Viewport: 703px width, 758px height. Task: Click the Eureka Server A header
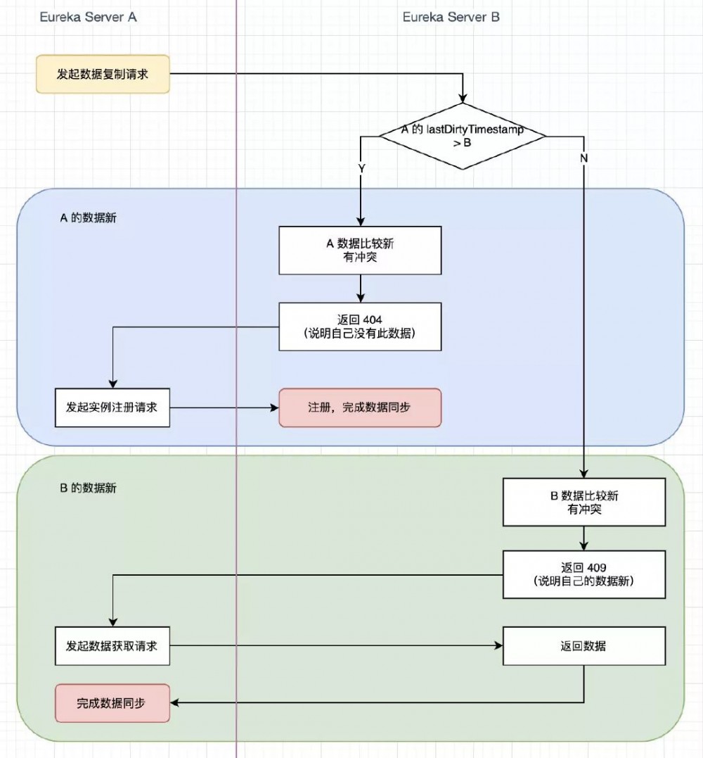(x=88, y=18)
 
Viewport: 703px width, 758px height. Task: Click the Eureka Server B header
(x=451, y=18)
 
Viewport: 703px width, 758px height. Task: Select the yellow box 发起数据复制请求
(x=103, y=74)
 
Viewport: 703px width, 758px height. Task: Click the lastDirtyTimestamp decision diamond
(x=462, y=137)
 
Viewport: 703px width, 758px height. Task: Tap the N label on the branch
(x=583, y=158)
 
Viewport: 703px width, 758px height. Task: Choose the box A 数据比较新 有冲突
(x=360, y=251)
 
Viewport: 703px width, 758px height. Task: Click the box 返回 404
(x=360, y=327)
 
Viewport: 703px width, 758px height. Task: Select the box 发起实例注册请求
(x=112, y=408)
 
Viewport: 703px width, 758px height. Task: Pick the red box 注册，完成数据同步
(x=360, y=408)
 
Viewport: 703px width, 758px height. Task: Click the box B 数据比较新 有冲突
(x=583, y=503)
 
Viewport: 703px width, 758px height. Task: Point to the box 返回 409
(x=583, y=574)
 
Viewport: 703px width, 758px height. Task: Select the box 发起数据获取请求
(x=112, y=646)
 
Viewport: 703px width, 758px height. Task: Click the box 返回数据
(x=583, y=646)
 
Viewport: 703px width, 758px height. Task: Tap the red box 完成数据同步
(x=112, y=702)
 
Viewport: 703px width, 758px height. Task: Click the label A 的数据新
(x=88, y=217)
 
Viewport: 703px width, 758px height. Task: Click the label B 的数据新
(x=88, y=488)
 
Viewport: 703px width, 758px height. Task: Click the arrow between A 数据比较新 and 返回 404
(x=360, y=289)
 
